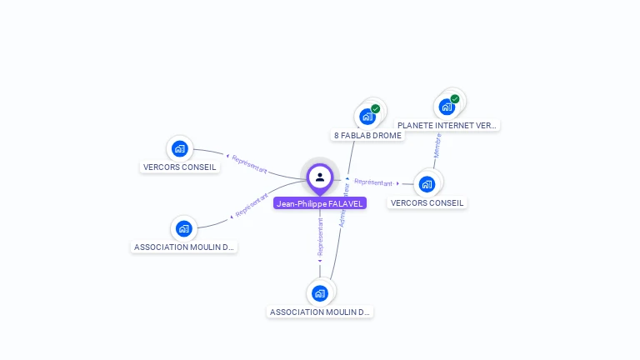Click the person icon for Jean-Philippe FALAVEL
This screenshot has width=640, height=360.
tap(319, 177)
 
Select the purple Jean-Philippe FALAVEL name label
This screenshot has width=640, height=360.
tap(319, 203)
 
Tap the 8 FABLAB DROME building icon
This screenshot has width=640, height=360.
tap(367, 117)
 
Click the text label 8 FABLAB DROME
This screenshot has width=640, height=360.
tap(367, 135)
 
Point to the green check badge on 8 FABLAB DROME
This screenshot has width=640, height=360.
tap(376, 108)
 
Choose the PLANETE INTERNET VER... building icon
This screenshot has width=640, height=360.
tap(447, 107)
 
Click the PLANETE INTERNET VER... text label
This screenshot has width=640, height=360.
tap(447, 126)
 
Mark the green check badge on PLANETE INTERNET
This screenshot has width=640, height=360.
tap(455, 99)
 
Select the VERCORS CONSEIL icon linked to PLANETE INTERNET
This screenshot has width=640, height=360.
tap(427, 184)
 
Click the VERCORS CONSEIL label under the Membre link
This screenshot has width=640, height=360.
tap(427, 202)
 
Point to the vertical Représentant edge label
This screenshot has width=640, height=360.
tap(320, 237)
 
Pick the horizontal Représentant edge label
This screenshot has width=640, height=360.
tap(373, 182)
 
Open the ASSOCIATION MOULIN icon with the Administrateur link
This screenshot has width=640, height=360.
tap(319, 293)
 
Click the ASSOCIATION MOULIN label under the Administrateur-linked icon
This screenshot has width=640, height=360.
tap(320, 312)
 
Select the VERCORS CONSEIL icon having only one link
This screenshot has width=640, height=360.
tap(179, 149)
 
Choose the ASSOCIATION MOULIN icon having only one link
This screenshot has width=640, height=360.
tap(183, 228)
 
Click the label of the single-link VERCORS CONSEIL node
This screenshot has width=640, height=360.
tap(180, 167)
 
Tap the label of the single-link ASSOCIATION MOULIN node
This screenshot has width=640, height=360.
tap(185, 247)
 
